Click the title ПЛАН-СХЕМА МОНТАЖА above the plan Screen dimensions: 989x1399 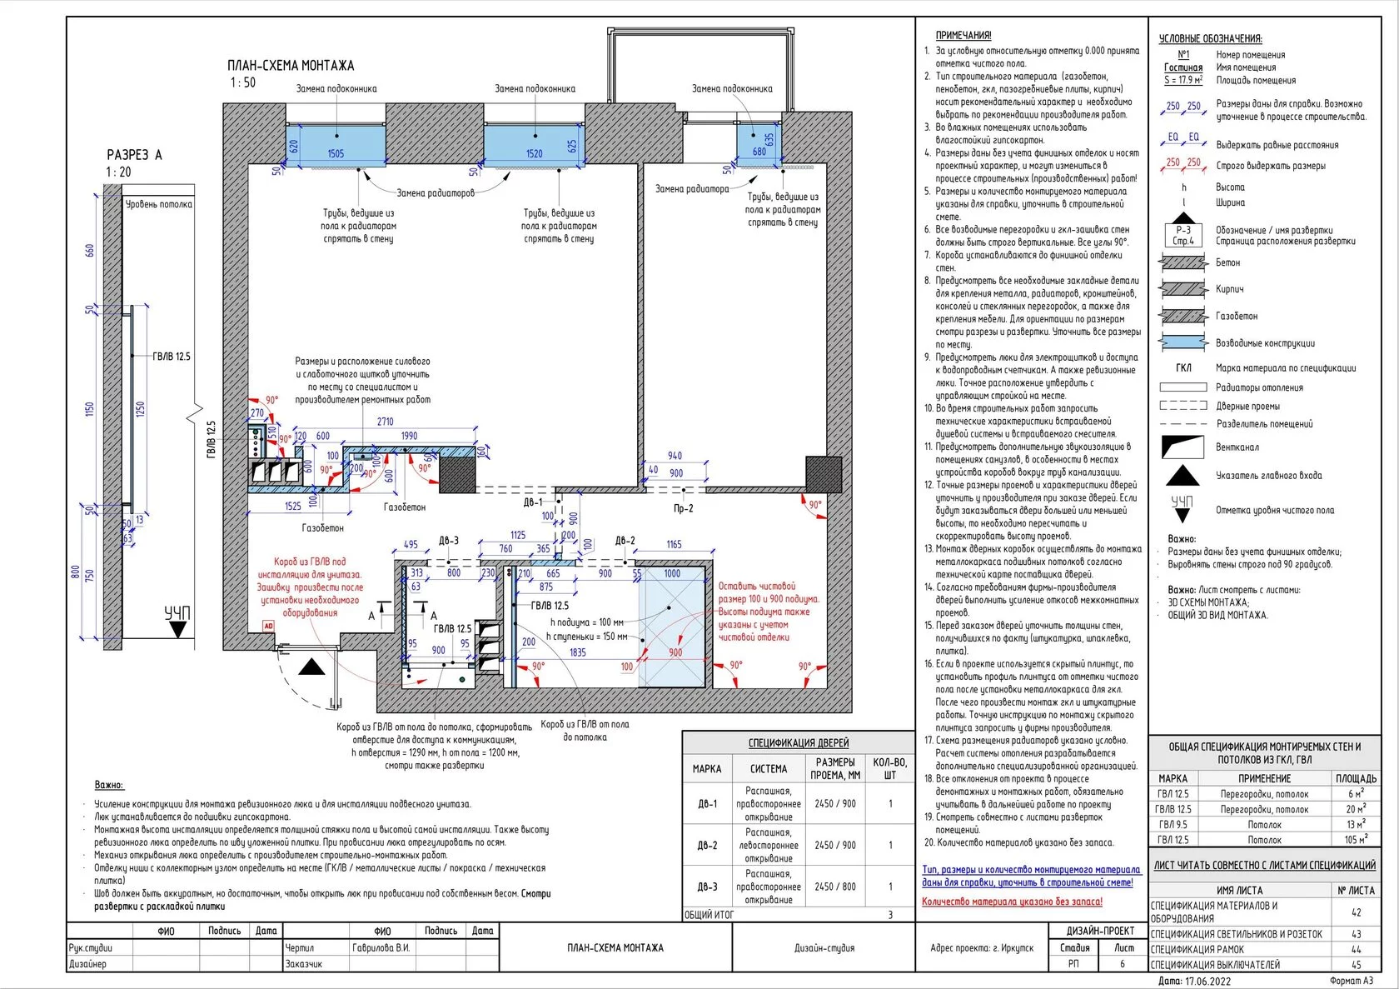[x=291, y=66]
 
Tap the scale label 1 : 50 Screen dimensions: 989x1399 [x=243, y=82]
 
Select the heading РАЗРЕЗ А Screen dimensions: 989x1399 [x=134, y=155]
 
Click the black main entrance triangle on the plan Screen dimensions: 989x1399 [x=312, y=667]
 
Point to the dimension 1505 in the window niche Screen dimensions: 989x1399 [x=336, y=153]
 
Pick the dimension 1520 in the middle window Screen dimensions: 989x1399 [x=534, y=153]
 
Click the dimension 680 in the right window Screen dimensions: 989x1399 [x=759, y=152]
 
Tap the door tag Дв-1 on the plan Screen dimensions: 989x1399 [x=533, y=502]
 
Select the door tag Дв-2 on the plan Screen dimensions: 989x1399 [x=625, y=541]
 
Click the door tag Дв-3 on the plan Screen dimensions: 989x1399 [x=449, y=541]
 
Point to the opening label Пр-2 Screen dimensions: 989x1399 [x=683, y=508]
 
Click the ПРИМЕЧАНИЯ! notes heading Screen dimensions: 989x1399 [x=963, y=36]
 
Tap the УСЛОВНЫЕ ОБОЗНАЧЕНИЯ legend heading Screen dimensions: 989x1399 [x=1210, y=38]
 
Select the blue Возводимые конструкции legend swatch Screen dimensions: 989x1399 [x=1183, y=342]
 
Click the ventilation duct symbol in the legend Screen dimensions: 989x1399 [x=1183, y=447]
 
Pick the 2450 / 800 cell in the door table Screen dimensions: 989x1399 [x=835, y=887]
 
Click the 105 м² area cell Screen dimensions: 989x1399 [x=1356, y=840]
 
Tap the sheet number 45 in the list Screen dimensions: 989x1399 [x=1356, y=965]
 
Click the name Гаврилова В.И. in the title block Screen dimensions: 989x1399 [x=381, y=948]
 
